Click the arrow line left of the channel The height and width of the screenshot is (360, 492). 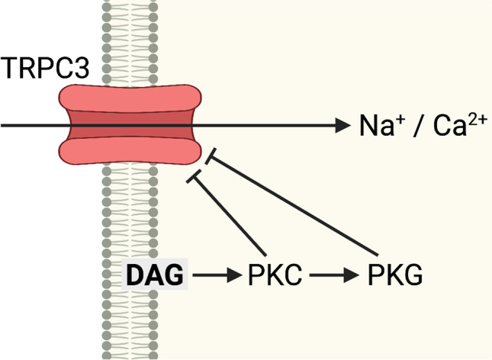pyautogui.click(x=31, y=124)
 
